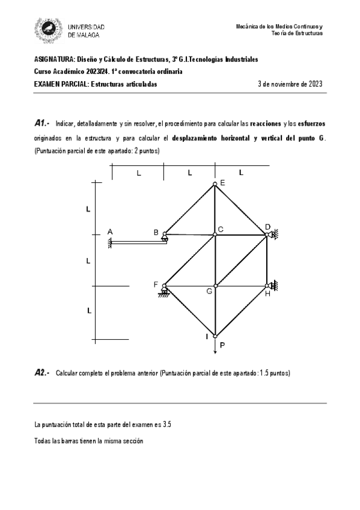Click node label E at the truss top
point(222,182)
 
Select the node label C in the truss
point(221,229)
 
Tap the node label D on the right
point(267,227)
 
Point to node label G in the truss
point(209,291)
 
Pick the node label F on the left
point(156,284)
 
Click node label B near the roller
point(156,232)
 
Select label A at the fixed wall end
point(110,232)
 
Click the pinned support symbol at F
point(163,293)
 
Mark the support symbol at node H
point(273,285)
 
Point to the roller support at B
point(164,240)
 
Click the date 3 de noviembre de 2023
point(290,84)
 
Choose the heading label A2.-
point(42,373)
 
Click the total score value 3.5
point(168,425)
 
